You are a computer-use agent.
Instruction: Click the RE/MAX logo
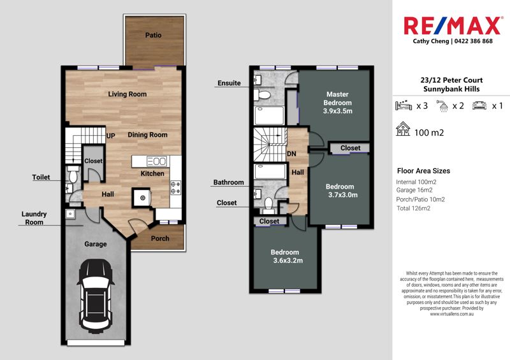point(452,25)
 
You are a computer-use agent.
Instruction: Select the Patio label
point(153,35)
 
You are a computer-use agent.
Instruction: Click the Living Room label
point(127,94)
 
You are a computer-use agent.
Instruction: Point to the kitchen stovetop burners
point(176,187)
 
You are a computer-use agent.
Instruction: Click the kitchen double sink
point(157,161)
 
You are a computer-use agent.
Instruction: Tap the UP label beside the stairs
point(110,136)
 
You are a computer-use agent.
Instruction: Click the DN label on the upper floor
point(291,154)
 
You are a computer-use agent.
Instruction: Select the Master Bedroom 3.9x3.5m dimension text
point(338,111)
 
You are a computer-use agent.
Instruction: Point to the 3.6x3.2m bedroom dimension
point(288,261)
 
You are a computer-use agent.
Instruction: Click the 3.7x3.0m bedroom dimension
point(343,195)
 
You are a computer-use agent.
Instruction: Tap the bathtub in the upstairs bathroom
point(270,171)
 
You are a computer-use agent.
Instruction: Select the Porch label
point(160,239)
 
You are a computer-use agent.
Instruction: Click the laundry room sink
point(70,214)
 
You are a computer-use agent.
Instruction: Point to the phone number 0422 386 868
point(474,41)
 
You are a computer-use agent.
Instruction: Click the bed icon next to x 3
point(404,105)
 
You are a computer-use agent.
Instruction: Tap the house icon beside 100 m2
point(403,129)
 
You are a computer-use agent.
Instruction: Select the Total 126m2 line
point(413,208)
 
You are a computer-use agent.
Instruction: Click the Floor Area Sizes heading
point(423,171)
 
